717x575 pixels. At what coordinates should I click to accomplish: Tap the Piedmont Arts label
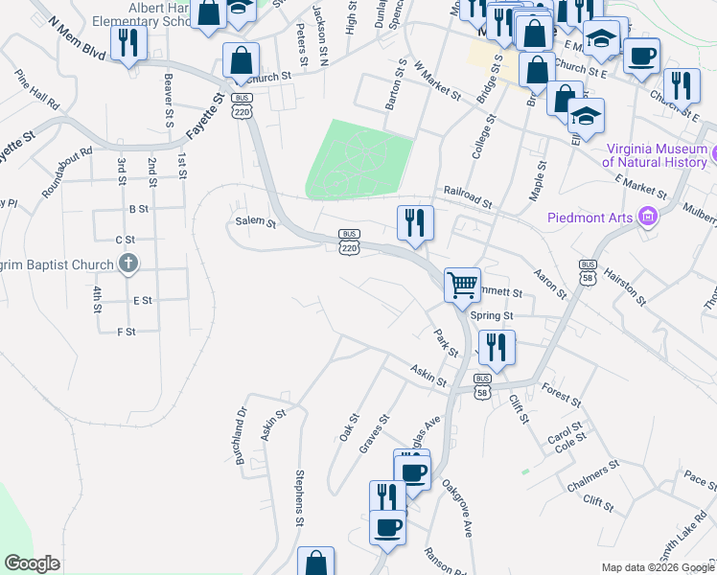(590, 218)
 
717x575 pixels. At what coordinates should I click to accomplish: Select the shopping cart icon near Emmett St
(462, 284)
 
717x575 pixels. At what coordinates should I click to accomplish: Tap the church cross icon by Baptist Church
(127, 264)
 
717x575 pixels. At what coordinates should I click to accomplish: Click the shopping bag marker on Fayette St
(240, 59)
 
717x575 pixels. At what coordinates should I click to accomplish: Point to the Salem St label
(255, 223)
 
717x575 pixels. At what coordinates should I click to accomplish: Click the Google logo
(32, 563)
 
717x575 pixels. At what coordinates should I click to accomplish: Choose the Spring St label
(496, 315)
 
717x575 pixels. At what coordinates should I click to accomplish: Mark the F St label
(127, 332)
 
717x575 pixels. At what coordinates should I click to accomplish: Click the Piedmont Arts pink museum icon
(649, 218)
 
